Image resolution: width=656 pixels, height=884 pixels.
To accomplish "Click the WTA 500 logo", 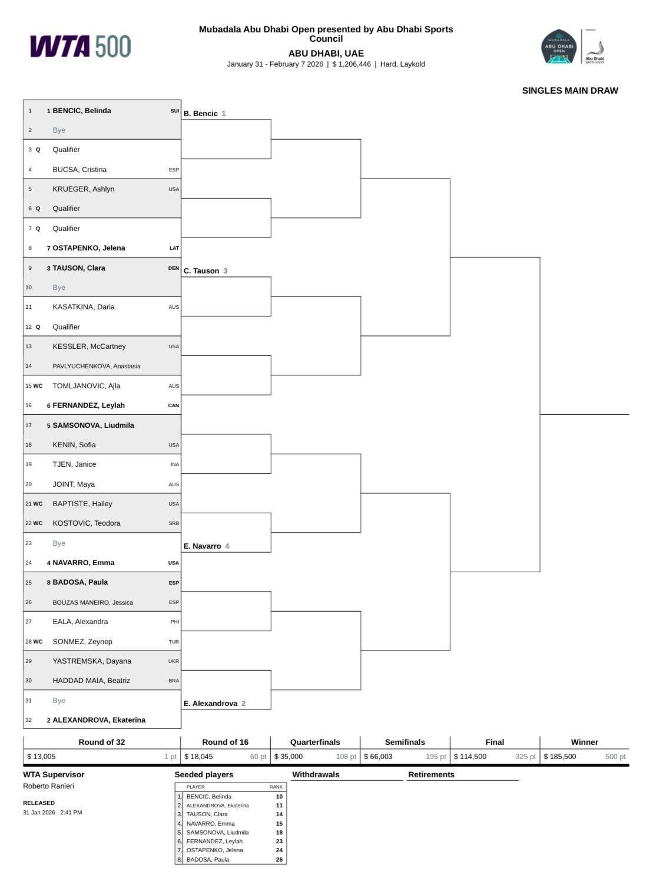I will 81,47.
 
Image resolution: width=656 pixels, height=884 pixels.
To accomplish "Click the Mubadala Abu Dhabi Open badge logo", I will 558,47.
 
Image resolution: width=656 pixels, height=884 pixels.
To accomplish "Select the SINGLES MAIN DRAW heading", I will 569,91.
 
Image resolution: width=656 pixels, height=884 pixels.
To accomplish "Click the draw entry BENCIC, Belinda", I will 81,111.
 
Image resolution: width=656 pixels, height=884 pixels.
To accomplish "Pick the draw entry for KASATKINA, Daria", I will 83,307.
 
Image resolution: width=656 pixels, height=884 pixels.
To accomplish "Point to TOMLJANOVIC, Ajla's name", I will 86,386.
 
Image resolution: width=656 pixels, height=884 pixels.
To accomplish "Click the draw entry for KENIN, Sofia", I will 74,445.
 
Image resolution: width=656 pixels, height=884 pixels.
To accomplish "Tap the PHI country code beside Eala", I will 174,622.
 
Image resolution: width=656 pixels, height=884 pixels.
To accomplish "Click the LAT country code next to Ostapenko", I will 174,248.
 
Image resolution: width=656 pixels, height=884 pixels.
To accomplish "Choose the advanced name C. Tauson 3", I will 205,271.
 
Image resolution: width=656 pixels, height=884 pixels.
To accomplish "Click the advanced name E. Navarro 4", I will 206,546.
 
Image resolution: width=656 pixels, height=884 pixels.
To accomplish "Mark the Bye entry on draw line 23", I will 59,543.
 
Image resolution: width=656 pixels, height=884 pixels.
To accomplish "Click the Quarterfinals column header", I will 315,742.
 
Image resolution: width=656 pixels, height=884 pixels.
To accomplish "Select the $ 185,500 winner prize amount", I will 560,757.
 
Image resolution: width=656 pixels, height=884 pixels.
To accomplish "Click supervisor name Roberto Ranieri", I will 48,786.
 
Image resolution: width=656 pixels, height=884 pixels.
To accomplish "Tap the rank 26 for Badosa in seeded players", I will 279,859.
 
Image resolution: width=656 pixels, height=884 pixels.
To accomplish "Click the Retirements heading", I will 431,774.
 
